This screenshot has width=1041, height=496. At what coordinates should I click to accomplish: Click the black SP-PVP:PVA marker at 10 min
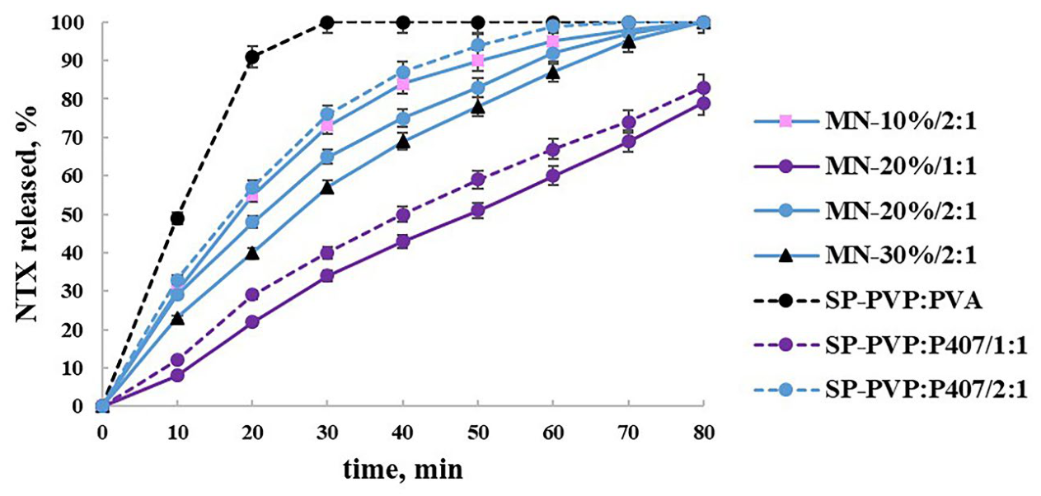point(177,218)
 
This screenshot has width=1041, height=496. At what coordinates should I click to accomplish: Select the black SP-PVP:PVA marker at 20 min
point(252,58)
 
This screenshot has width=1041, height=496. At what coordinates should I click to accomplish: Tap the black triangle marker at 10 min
point(177,317)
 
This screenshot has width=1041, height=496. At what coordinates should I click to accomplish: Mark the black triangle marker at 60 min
point(553,73)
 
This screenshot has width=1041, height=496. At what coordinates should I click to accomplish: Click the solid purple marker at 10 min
point(177,375)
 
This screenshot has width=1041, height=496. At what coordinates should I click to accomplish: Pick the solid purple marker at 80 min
point(703,103)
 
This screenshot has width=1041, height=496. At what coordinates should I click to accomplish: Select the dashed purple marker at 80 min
point(703,88)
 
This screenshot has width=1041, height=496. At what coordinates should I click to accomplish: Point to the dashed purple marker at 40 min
point(403,215)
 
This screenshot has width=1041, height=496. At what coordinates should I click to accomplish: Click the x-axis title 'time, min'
point(403,470)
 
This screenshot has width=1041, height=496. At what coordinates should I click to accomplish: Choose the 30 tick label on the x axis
point(327,430)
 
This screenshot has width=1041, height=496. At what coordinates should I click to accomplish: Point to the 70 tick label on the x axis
point(628,430)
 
